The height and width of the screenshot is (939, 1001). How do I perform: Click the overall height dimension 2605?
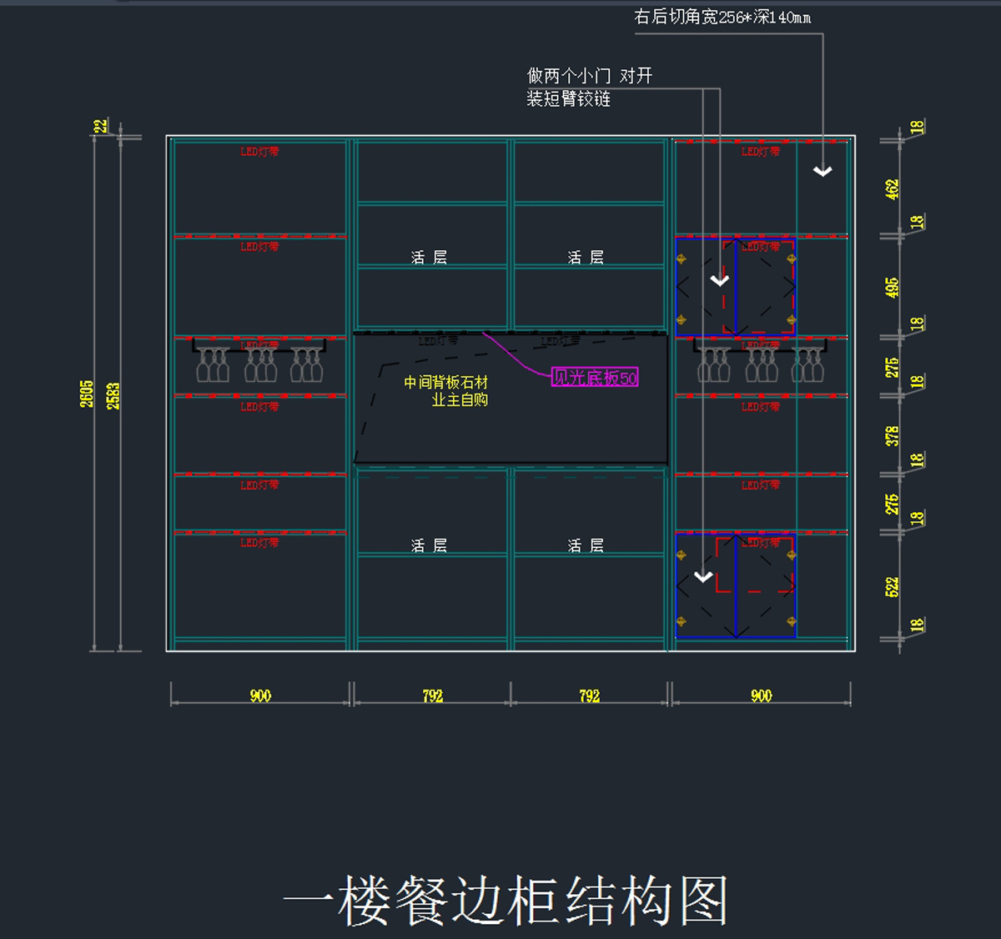[87, 394]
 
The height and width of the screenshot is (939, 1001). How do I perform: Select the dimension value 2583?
[113, 395]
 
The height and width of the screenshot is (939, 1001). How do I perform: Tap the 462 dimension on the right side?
[893, 189]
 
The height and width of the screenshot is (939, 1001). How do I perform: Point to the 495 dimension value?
[893, 288]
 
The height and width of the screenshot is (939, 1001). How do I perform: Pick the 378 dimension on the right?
[893, 435]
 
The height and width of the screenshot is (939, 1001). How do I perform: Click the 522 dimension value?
[893, 586]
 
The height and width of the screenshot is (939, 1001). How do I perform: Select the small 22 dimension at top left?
[101, 126]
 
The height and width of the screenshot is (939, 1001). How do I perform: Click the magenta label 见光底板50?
[595, 378]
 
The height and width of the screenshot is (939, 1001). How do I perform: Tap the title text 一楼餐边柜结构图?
[506, 901]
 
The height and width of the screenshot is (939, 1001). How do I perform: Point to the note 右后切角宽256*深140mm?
[722, 17]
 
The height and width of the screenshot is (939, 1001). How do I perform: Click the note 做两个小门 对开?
[589, 76]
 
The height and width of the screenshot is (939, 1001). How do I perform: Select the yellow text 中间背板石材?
[445, 382]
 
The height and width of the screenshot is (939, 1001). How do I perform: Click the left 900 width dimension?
[260, 695]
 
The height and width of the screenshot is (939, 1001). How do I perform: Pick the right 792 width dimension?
[590, 695]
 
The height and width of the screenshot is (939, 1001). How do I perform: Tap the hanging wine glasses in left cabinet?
[259, 364]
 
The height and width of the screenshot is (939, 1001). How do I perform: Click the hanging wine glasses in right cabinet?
[760, 364]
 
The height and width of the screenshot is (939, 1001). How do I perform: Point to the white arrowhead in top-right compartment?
[822, 171]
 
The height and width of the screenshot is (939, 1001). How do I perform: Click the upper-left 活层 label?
[429, 258]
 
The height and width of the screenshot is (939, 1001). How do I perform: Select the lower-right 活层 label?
[586, 545]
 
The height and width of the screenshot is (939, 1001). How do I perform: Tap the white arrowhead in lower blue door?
[703, 576]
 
